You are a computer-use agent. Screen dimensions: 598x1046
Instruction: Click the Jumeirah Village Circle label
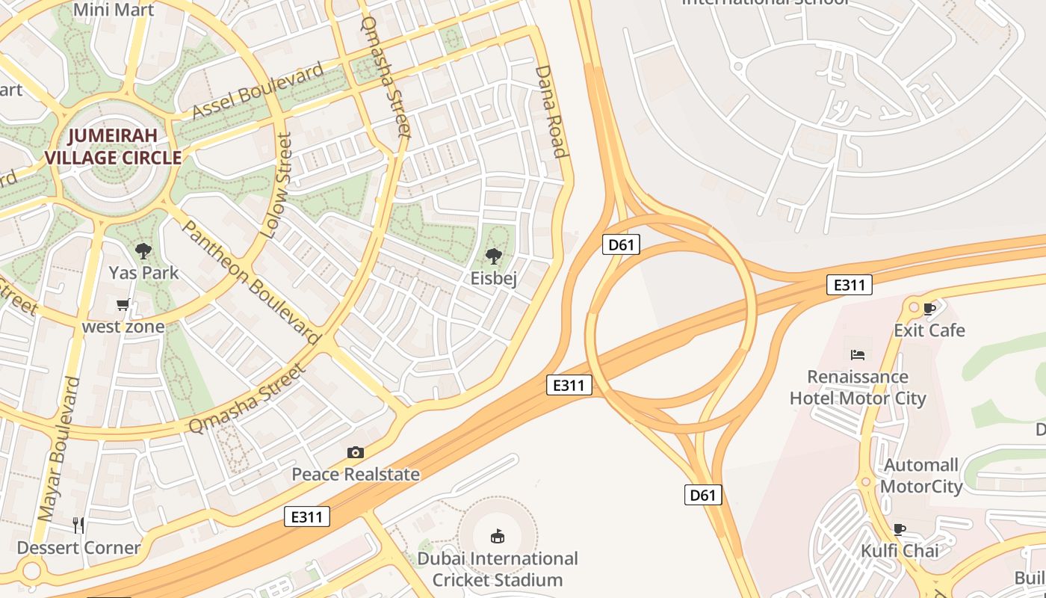114,147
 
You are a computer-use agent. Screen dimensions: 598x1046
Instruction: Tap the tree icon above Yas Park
143,251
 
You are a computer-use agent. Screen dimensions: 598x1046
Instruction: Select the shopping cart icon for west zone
123,305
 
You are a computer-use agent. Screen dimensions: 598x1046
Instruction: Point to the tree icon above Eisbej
493,256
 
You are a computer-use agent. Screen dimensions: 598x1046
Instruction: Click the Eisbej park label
493,278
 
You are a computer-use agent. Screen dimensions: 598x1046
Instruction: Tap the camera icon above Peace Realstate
356,452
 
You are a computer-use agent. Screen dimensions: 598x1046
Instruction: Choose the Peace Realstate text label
356,474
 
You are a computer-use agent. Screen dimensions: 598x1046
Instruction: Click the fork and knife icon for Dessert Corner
78,525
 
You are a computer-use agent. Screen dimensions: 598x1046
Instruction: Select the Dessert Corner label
78,547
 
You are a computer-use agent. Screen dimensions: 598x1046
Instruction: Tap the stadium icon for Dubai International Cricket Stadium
497,536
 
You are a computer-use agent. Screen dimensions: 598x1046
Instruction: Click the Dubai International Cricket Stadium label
498,569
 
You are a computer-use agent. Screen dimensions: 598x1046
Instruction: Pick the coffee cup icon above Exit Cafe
929,308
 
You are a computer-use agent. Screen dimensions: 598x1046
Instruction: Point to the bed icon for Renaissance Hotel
858,354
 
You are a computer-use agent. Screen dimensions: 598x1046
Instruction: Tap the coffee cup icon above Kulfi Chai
900,529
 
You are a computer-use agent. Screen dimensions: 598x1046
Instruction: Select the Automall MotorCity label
921,476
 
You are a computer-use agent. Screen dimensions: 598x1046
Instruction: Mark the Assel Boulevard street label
258,91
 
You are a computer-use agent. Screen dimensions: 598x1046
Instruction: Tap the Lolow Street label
275,185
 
